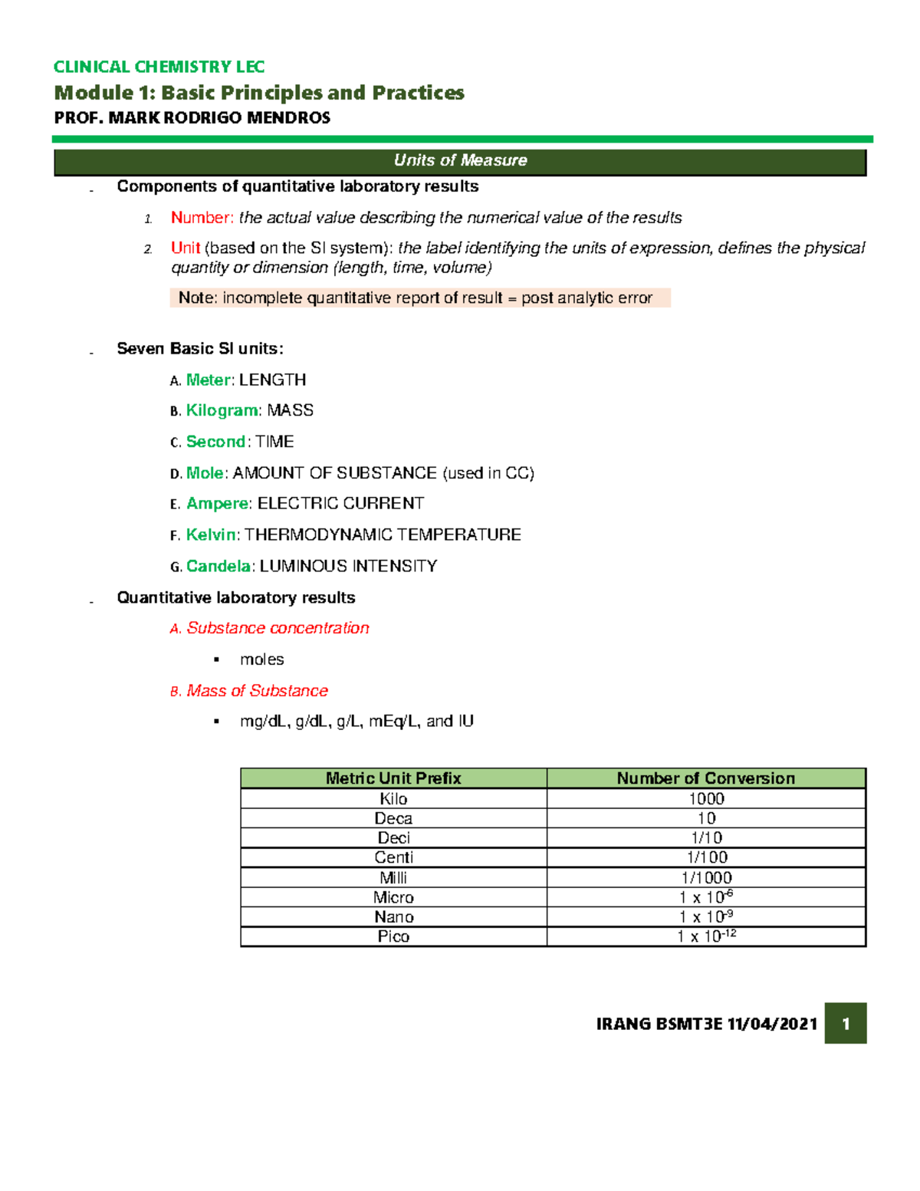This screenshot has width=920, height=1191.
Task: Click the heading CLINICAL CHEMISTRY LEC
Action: [x=159, y=67]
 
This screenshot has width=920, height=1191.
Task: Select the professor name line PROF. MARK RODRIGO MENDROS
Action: [x=192, y=118]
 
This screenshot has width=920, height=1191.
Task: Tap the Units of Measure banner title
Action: [x=460, y=160]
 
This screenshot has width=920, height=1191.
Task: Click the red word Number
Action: [x=202, y=218]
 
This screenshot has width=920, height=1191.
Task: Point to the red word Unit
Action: [x=186, y=248]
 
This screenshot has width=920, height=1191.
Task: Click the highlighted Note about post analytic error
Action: [x=419, y=298]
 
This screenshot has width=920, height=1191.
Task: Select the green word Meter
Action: [x=208, y=380]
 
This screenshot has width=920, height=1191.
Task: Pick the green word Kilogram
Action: [x=222, y=411]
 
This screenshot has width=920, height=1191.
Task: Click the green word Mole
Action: [x=205, y=473]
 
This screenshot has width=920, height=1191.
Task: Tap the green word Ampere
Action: [x=217, y=504]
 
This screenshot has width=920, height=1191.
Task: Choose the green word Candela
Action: [x=218, y=567]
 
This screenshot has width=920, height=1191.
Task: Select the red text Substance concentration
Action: [x=278, y=628]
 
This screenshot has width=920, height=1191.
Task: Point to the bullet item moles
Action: [x=261, y=660]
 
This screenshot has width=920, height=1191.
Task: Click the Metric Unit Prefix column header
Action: [x=393, y=778]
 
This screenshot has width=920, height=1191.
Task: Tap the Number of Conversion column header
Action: [x=705, y=778]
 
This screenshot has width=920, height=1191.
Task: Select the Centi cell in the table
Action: [x=393, y=857]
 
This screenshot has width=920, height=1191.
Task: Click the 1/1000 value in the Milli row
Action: [x=705, y=877]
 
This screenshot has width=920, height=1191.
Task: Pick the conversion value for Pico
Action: [x=705, y=936]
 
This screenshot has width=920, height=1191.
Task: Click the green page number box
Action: [x=845, y=1024]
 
